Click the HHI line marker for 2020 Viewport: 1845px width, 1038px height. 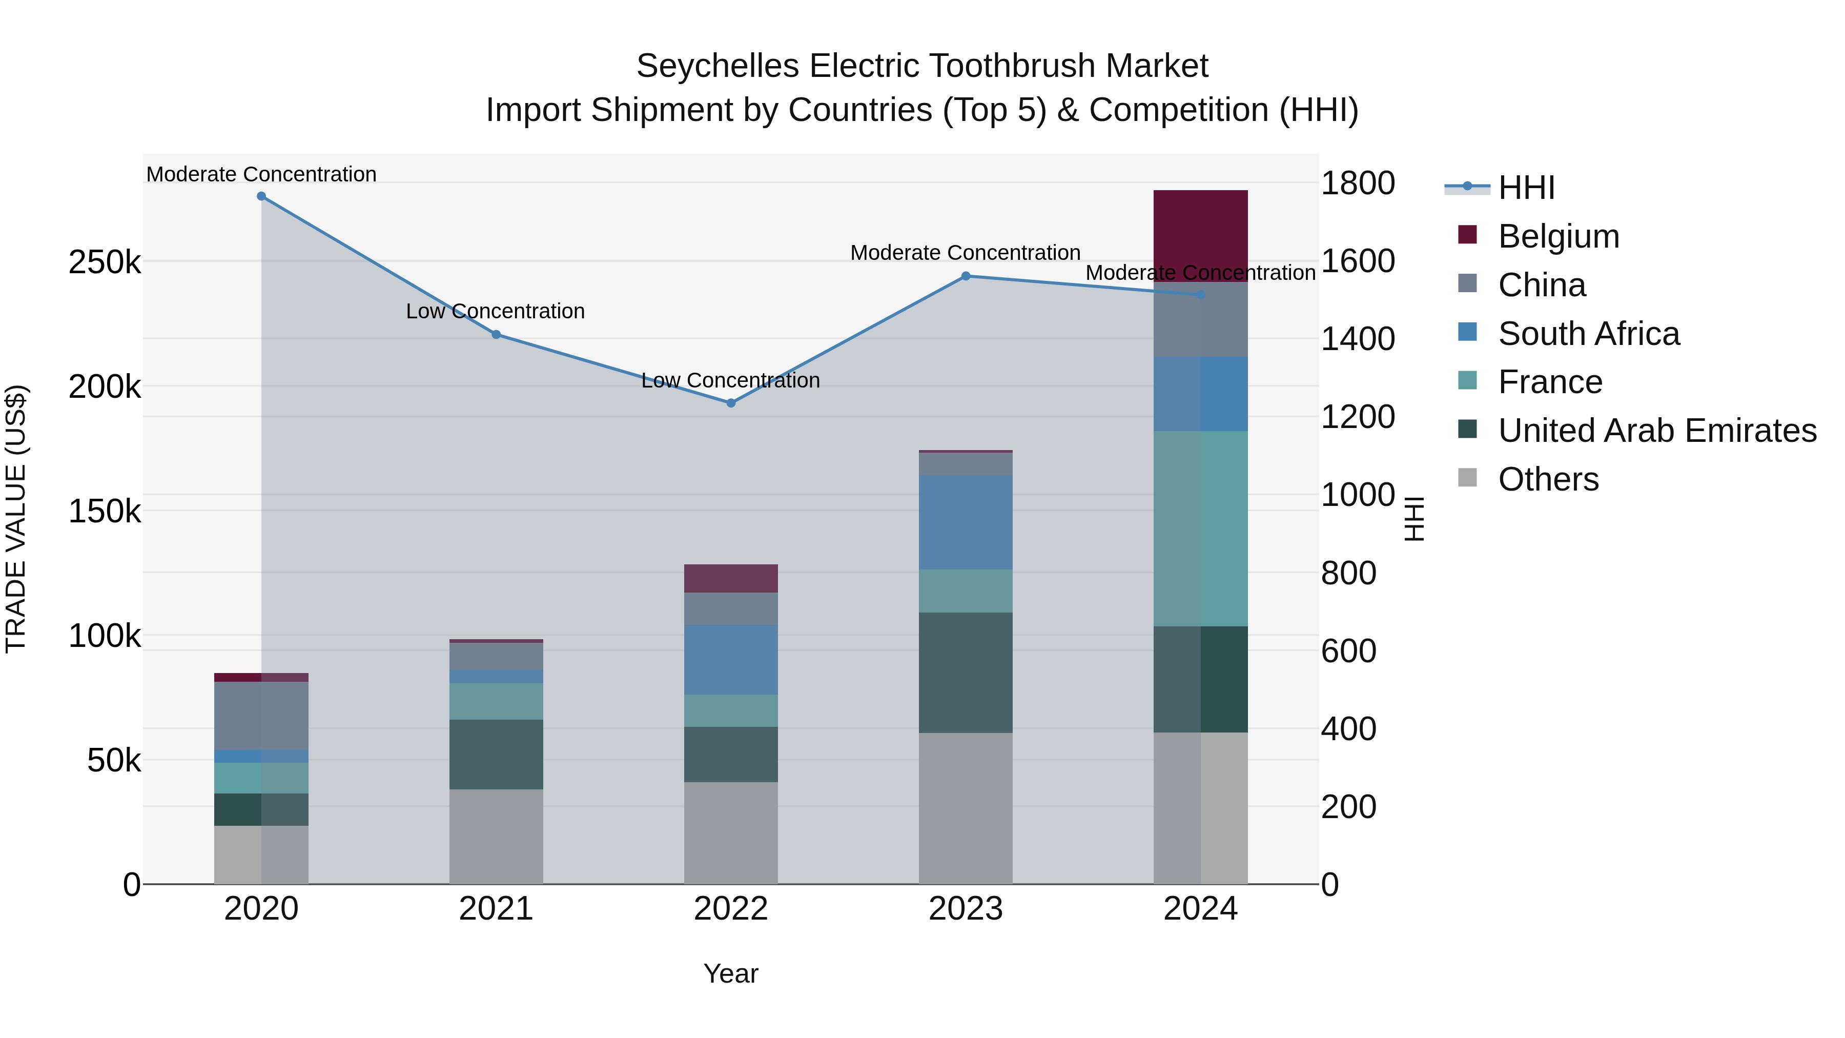point(261,196)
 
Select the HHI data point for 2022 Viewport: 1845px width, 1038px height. point(730,403)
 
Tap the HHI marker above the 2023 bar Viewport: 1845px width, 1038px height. point(966,276)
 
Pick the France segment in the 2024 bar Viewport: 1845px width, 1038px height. point(1200,528)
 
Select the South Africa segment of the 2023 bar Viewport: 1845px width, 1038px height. point(966,522)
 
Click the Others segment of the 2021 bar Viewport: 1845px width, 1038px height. point(496,836)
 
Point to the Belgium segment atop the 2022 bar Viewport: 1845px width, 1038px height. point(730,578)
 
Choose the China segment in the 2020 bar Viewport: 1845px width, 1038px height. point(261,715)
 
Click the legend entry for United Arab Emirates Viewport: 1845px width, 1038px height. point(1656,431)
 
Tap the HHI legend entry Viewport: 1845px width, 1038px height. point(1526,188)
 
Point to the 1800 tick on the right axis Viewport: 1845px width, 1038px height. point(1357,184)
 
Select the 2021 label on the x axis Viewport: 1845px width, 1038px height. point(496,909)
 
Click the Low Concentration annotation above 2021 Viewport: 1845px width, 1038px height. point(495,312)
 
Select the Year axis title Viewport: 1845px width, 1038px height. point(730,973)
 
